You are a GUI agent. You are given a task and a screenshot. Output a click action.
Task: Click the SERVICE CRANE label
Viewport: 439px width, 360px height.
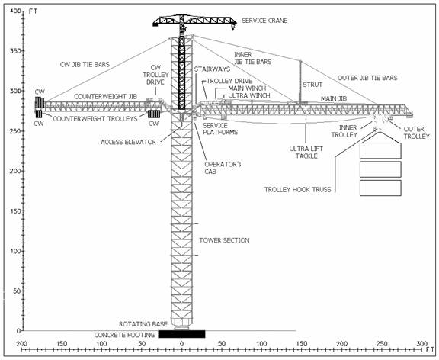coord(264,21)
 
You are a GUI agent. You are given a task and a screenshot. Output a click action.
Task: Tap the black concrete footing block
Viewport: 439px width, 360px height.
coord(181,334)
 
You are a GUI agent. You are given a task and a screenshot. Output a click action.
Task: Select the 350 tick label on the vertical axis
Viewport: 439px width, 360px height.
coord(15,51)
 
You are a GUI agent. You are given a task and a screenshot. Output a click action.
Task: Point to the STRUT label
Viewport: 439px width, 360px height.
coord(312,85)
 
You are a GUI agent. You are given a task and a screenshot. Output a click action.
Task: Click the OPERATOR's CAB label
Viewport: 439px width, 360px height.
coord(223,168)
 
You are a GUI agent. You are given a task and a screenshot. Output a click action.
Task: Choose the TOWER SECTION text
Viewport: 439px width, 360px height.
coord(224,240)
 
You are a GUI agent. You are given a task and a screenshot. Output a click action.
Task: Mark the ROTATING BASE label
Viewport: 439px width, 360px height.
coord(143,324)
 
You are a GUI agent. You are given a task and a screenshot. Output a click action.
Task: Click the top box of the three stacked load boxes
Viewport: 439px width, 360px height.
coord(380,151)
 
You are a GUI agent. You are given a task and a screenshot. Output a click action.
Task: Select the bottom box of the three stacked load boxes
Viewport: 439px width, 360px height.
coord(380,188)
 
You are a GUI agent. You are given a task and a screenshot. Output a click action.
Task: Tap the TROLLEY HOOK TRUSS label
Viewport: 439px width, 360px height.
coord(297,190)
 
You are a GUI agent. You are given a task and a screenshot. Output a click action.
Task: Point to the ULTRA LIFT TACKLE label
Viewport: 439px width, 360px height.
coord(306,153)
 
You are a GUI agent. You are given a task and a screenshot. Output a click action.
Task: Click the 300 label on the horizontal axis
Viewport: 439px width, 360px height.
coord(421,344)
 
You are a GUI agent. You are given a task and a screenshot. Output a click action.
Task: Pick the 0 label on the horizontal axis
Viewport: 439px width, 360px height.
coord(181,344)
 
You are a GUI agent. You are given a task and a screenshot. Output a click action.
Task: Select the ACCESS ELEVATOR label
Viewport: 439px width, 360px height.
coord(128,142)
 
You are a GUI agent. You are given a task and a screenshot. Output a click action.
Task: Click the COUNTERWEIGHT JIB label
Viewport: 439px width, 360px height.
coord(105,97)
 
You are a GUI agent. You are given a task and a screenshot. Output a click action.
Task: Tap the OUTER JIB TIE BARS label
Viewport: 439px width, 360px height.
coord(367,78)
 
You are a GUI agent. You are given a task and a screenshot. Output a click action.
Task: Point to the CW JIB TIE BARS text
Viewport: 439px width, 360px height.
coord(85,64)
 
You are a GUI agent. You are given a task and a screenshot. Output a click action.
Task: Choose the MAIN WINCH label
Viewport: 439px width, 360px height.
coord(247,88)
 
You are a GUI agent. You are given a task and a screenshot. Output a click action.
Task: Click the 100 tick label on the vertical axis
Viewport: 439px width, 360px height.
coord(15,251)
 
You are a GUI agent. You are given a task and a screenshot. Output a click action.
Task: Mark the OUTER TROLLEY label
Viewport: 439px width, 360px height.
coord(416,133)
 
